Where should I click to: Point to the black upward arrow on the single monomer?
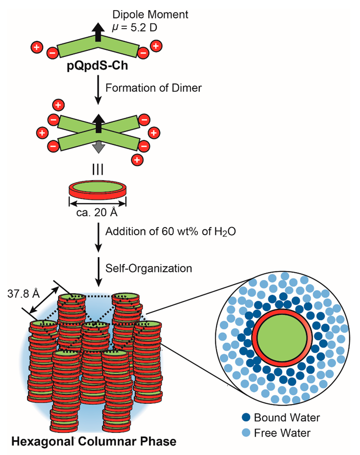[x=98, y=33]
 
